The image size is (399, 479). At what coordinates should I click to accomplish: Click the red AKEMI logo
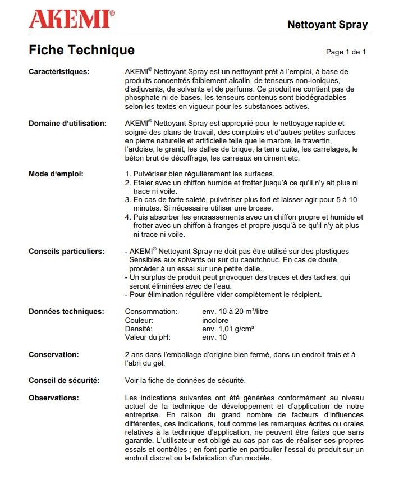(72, 19)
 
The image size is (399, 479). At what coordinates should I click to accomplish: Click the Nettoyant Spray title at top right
(327, 25)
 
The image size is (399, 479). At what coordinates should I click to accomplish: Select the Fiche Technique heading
(81, 51)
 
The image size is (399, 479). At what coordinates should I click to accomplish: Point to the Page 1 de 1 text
(346, 52)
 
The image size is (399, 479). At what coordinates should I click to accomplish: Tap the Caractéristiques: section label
(59, 71)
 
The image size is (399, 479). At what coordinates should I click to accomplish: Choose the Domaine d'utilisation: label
(67, 123)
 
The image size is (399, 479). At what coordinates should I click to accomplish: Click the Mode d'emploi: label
(56, 174)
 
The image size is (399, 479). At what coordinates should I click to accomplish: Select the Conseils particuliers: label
(66, 251)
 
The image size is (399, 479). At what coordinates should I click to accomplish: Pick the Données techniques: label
(66, 311)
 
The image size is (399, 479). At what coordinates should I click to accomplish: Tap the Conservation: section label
(53, 354)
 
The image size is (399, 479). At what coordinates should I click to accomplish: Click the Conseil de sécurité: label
(64, 380)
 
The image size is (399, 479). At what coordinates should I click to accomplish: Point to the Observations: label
(53, 398)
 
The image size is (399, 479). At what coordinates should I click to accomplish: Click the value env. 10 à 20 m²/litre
(235, 311)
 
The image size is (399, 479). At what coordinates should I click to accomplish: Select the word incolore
(215, 320)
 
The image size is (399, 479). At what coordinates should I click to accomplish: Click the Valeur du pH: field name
(147, 337)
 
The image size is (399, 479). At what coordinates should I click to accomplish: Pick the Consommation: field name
(151, 311)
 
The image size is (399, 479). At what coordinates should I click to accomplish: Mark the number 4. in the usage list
(128, 217)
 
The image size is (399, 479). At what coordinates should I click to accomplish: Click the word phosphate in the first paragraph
(142, 98)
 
